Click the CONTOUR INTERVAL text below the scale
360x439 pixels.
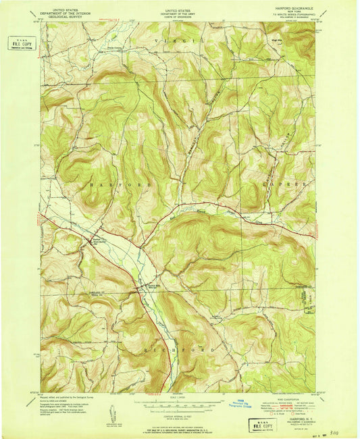[x=180, y=413]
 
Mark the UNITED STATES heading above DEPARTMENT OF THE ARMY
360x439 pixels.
[x=180, y=5]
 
